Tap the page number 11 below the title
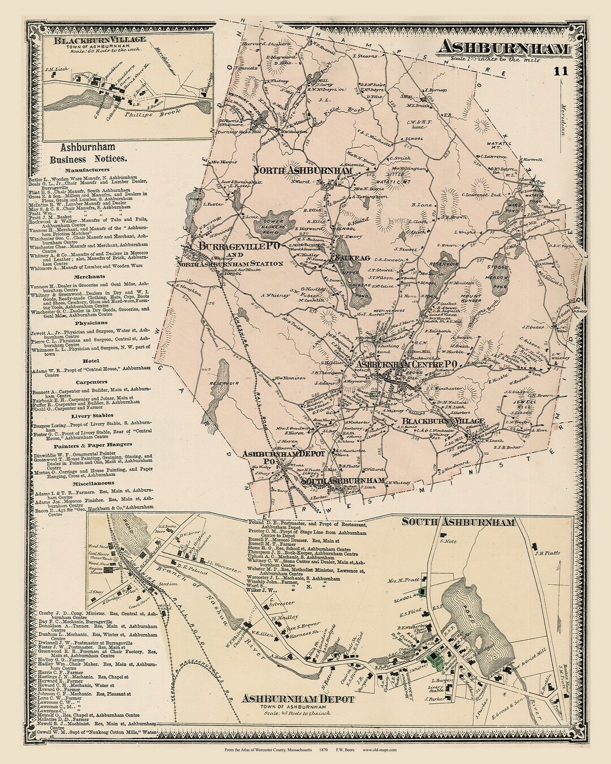coord(560,71)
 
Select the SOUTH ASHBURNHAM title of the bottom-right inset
coord(458,521)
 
